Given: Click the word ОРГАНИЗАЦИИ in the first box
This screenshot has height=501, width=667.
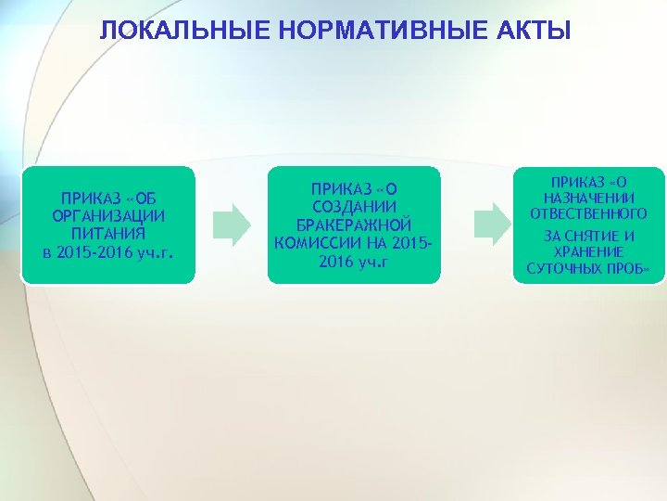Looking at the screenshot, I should tap(109, 216).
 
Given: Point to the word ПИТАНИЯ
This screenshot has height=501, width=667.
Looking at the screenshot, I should tap(109, 234).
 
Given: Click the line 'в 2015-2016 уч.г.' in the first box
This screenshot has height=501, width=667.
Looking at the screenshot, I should tap(109, 251).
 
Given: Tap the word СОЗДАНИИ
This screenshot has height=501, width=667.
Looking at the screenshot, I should tap(355, 207).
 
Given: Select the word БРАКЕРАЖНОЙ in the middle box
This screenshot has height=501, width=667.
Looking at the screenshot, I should tap(355, 225).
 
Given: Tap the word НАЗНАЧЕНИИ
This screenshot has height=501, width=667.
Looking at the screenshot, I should tap(588, 198).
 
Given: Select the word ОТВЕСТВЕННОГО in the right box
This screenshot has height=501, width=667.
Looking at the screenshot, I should tap(588, 214).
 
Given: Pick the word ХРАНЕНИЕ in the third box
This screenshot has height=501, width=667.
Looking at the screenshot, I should tap(588, 252).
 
